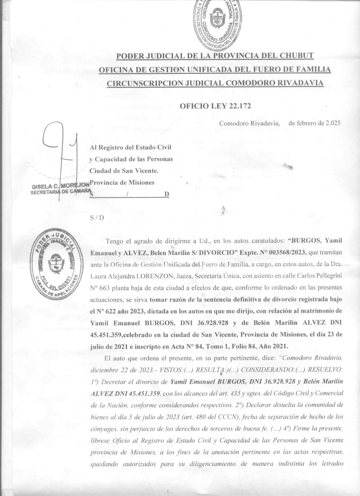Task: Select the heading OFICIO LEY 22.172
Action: click(215, 106)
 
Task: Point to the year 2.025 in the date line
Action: click(333, 123)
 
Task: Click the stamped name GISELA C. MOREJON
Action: click(61, 187)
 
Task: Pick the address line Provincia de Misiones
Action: click(122, 183)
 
